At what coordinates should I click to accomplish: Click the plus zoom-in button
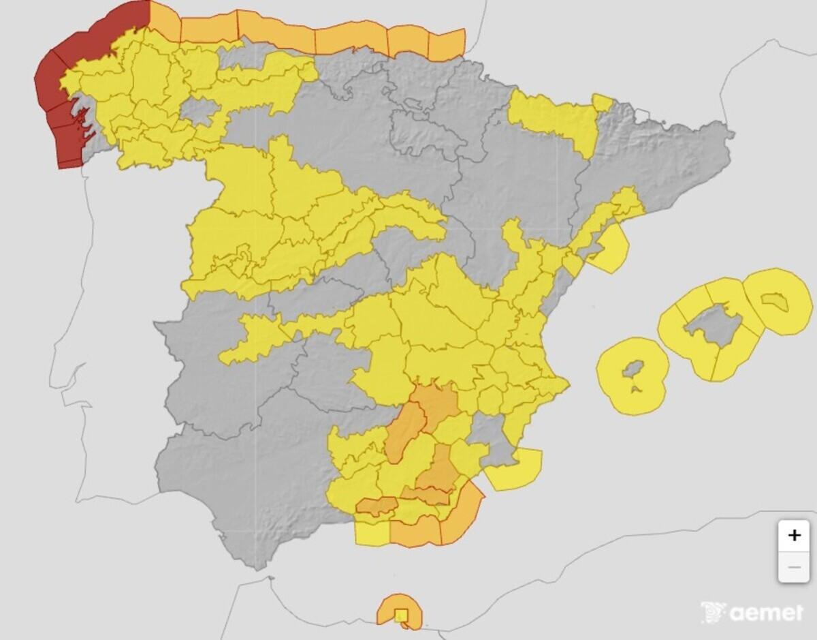pos(794,535)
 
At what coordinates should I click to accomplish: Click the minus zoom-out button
pos(794,567)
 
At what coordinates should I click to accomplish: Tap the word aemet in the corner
pos(766,613)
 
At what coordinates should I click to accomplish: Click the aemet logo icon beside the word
pos(713,611)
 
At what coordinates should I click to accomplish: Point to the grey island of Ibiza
pos(632,371)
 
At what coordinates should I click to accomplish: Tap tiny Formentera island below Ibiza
pos(635,389)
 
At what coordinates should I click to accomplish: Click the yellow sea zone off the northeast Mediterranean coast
pos(609,249)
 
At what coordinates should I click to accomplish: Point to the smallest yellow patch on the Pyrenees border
pos(602,102)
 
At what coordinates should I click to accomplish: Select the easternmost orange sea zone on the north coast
pos(446,44)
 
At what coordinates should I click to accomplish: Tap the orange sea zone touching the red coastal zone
pos(164,20)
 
